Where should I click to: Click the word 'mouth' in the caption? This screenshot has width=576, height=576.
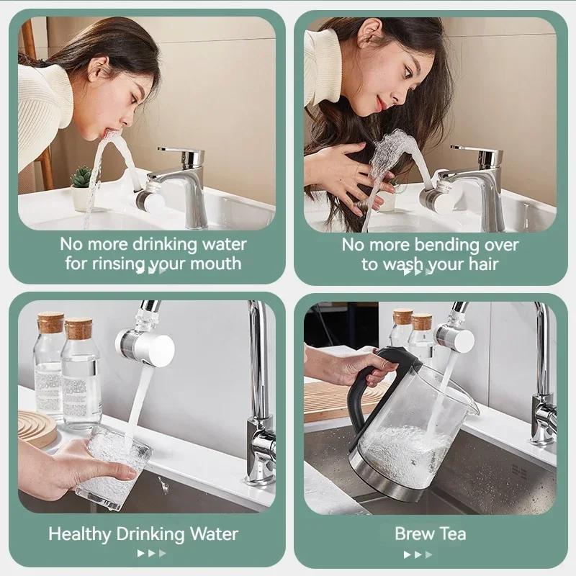click(x=219, y=264)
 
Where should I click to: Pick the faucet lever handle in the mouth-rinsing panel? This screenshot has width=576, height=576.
click(x=180, y=153)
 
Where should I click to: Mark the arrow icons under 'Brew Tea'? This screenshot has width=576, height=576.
click(x=418, y=554)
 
